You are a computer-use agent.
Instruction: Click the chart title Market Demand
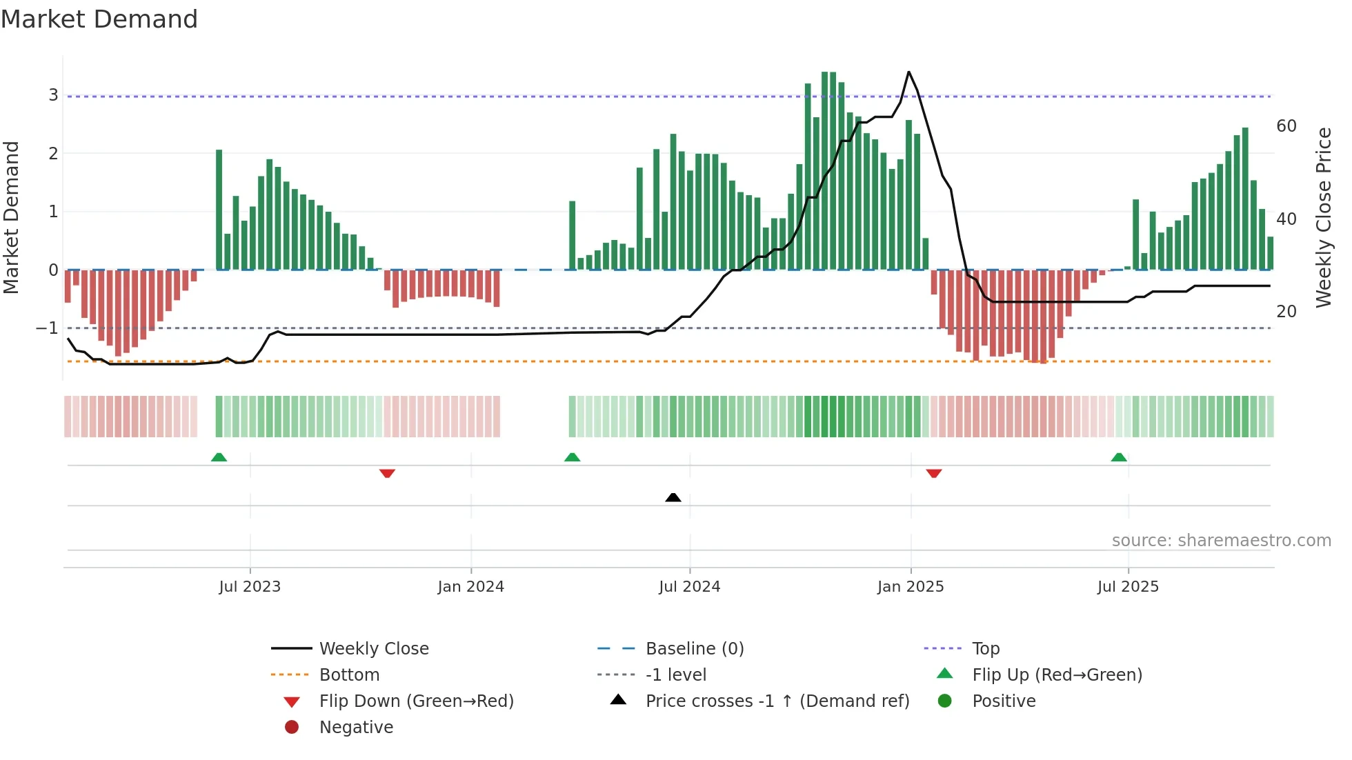99,19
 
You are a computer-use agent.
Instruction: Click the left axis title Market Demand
12,218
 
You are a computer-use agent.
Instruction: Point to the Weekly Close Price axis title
1323,218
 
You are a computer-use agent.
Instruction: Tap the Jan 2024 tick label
470,587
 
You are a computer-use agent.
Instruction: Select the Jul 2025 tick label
1128,587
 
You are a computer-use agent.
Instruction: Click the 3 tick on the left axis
53,95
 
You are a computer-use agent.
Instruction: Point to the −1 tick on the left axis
48,328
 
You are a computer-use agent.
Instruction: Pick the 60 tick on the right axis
1286,126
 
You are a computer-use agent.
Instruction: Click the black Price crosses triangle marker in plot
673,497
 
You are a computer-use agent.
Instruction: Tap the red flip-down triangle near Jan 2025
934,473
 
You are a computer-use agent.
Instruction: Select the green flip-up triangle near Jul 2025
1119,457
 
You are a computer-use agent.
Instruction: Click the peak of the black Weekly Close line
908,72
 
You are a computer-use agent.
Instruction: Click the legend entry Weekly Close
373,649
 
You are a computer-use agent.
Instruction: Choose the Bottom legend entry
349,675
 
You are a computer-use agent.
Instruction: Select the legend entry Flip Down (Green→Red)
416,701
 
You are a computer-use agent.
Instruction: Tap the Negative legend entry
356,728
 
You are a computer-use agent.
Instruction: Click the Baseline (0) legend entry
694,649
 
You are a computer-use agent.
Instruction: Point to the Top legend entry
985,649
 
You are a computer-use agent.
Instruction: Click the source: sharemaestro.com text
1221,541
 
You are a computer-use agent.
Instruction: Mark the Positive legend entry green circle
945,701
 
